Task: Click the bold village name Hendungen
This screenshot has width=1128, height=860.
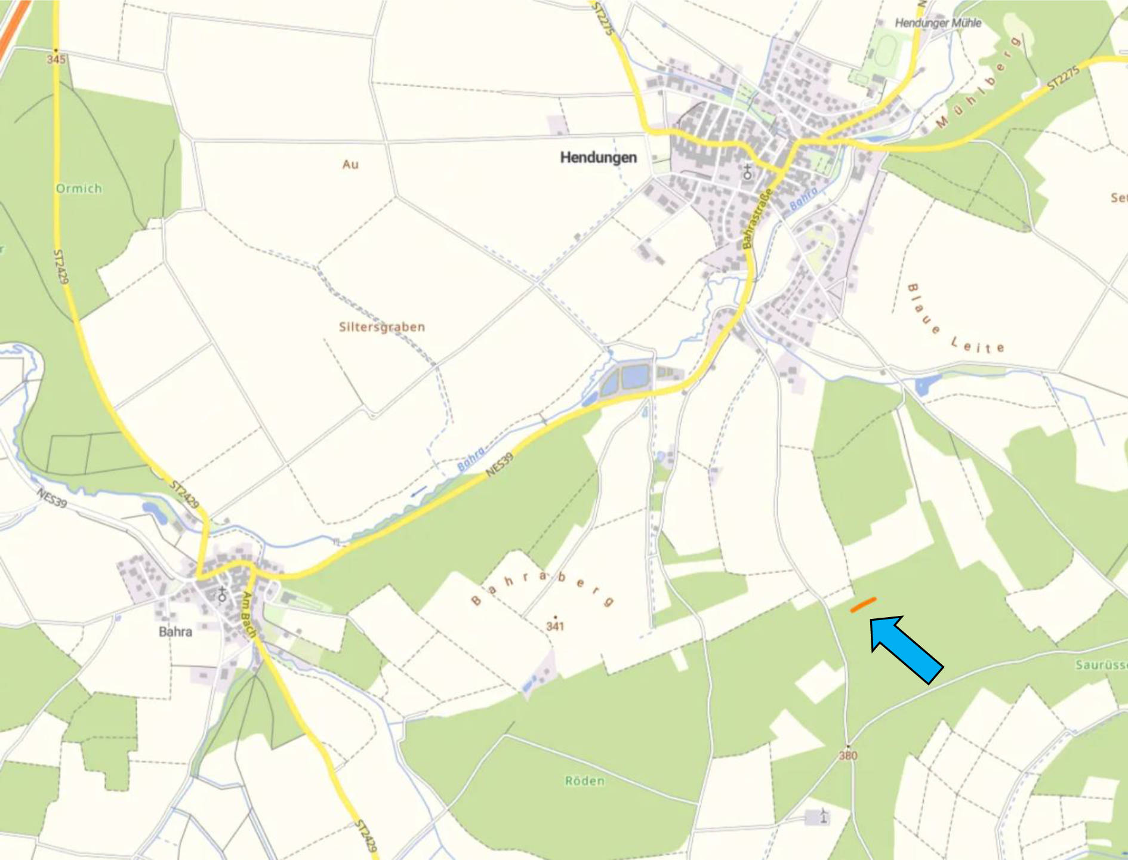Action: click(598, 158)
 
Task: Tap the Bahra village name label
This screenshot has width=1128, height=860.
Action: click(175, 631)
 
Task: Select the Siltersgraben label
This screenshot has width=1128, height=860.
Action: click(382, 327)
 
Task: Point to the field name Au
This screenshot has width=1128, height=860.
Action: click(350, 164)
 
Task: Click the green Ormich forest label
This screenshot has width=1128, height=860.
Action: click(79, 189)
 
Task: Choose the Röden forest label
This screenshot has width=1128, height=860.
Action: click(584, 781)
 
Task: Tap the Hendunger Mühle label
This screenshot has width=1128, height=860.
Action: click(938, 23)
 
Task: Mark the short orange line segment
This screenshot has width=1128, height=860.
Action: click(863, 605)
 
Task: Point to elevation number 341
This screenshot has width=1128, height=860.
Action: click(555, 626)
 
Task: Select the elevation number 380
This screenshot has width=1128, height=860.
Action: click(848, 756)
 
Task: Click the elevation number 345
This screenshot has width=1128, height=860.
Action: click(56, 59)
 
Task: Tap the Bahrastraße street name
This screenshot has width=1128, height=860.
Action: click(757, 218)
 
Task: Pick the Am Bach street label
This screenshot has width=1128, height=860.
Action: click(249, 614)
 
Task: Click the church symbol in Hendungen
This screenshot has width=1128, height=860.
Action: click(747, 172)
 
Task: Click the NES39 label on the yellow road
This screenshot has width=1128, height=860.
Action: click(499, 465)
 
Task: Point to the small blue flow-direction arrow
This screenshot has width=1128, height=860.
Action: click(418, 491)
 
